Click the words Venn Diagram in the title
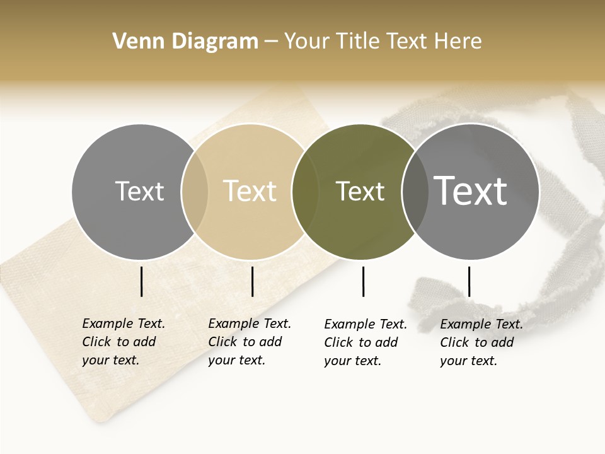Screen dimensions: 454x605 click(x=185, y=42)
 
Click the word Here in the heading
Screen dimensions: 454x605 click(x=457, y=42)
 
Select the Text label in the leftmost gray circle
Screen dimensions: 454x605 click(x=139, y=191)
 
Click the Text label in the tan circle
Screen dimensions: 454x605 click(x=250, y=191)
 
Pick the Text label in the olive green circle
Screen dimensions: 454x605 click(x=360, y=191)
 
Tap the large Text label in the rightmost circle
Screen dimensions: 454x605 click(x=471, y=190)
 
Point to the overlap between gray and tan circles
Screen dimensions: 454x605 click(x=195, y=191)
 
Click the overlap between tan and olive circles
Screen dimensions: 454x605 click(x=304, y=191)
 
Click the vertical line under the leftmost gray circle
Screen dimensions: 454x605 click(x=141, y=281)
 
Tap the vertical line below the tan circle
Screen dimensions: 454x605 click(x=252, y=281)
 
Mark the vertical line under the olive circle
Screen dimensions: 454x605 click(x=363, y=281)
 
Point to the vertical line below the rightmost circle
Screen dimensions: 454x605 click(x=469, y=281)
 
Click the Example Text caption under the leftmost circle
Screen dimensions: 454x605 click(x=124, y=342)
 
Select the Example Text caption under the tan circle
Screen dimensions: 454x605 click(x=250, y=342)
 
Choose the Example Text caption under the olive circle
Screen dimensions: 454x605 click(x=366, y=342)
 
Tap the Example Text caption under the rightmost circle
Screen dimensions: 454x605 click(x=481, y=342)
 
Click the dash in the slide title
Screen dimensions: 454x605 click(x=271, y=42)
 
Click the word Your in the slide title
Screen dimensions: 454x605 click(x=306, y=42)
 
